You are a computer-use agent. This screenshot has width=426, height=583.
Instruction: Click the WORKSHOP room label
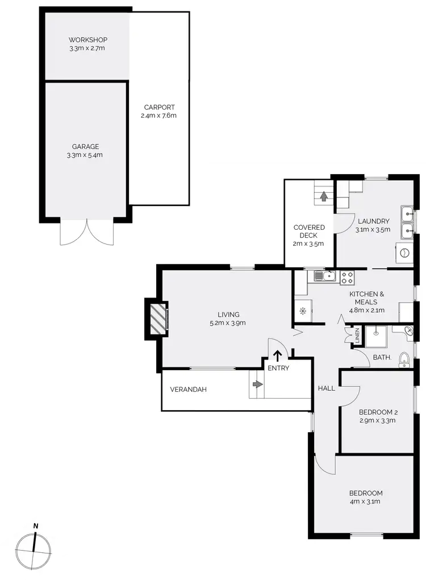point(87,40)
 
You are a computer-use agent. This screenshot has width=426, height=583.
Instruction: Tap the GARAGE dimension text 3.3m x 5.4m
point(85,155)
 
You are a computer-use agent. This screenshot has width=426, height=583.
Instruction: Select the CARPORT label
point(159,107)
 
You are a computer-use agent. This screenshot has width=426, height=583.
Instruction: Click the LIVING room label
point(228,315)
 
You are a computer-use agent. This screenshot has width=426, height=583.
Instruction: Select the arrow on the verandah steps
point(257,384)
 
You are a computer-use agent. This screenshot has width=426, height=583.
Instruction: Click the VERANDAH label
point(188,390)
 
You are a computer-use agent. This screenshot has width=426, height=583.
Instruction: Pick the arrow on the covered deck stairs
point(324,197)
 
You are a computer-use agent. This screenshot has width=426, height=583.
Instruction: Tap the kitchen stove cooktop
point(347,278)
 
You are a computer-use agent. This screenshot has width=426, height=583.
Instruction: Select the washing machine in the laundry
point(404,253)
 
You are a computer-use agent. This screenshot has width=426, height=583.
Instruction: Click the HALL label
point(326,388)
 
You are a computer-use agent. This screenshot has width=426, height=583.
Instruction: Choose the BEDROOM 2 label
point(377,412)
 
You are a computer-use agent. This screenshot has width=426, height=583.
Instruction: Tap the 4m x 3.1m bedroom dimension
point(365,502)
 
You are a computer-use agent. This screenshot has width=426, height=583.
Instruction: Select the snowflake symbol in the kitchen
point(302,311)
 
